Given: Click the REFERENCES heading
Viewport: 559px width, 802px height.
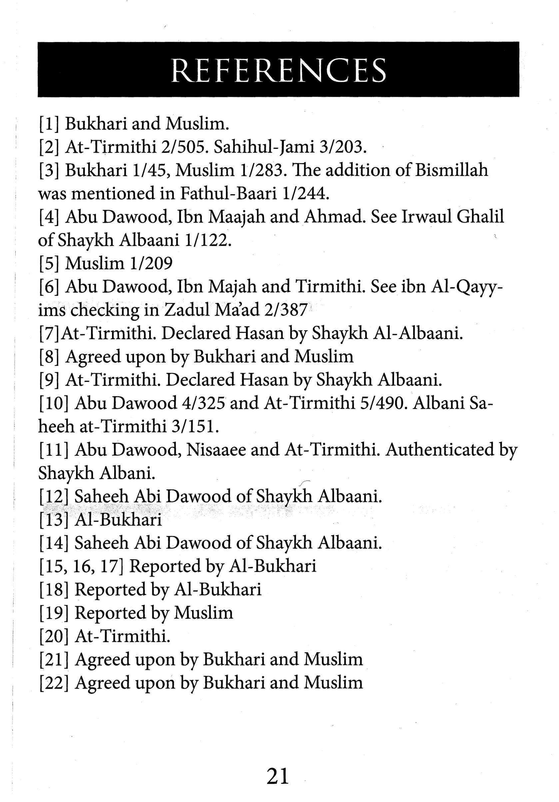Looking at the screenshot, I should pyautogui.click(x=278, y=70).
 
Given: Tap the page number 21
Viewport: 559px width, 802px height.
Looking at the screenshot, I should pyautogui.click(x=278, y=776).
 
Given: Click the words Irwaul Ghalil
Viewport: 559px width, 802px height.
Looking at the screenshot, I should pyautogui.click(x=453, y=217).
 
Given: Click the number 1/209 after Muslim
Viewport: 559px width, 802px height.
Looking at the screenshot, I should pyautogui.click(x=151, y=263).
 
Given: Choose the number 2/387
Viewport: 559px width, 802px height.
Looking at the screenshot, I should pyautogui.click(x=285, y=310).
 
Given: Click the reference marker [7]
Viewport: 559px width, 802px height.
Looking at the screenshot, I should pyautogui.click(x=49, y=334).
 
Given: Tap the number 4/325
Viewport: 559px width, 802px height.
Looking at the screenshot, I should pyautogui.click(x=203, y=403).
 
